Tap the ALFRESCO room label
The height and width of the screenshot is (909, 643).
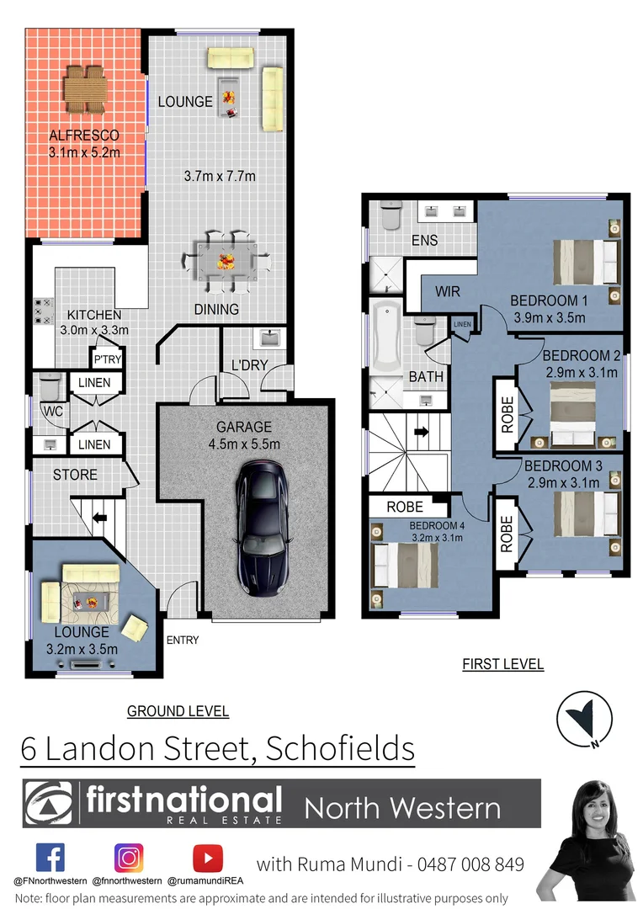[x=84, y=136]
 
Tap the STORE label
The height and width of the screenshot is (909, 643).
[x=75, y=475]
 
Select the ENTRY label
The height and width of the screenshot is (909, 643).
[x=183, y=641]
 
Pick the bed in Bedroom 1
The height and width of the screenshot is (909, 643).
[x=583, y=261]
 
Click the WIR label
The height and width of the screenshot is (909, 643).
[x=447, y=291]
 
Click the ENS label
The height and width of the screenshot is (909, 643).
[x=424, y=241]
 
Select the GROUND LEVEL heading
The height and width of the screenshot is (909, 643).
[x=178, y=711]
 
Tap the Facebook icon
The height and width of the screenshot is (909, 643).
[x=50, y=858]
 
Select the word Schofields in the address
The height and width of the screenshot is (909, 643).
[x=339, y=747]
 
